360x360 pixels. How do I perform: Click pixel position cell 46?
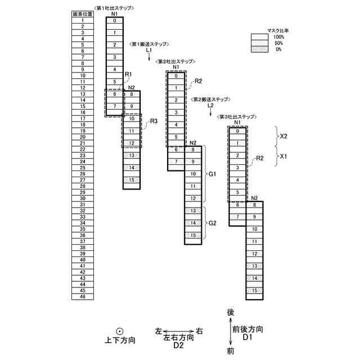coord(82,296)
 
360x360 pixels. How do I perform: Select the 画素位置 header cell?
coord(82,13)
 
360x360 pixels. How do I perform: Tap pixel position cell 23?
coord(82,155)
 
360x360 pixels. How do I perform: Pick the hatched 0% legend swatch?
coord(259,49)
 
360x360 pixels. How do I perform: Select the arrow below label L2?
coord(210,111)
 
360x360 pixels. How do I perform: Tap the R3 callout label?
coord(154,121)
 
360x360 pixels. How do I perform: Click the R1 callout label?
coord(128,74)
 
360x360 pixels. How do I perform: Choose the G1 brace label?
coord(213,174)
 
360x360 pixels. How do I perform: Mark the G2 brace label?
coord(213,223)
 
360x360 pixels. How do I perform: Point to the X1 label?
coord(284,158)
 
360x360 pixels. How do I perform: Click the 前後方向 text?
coord(247,330)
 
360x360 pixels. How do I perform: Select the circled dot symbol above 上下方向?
coord(120,331)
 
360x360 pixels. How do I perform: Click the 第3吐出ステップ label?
coord(236,116)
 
